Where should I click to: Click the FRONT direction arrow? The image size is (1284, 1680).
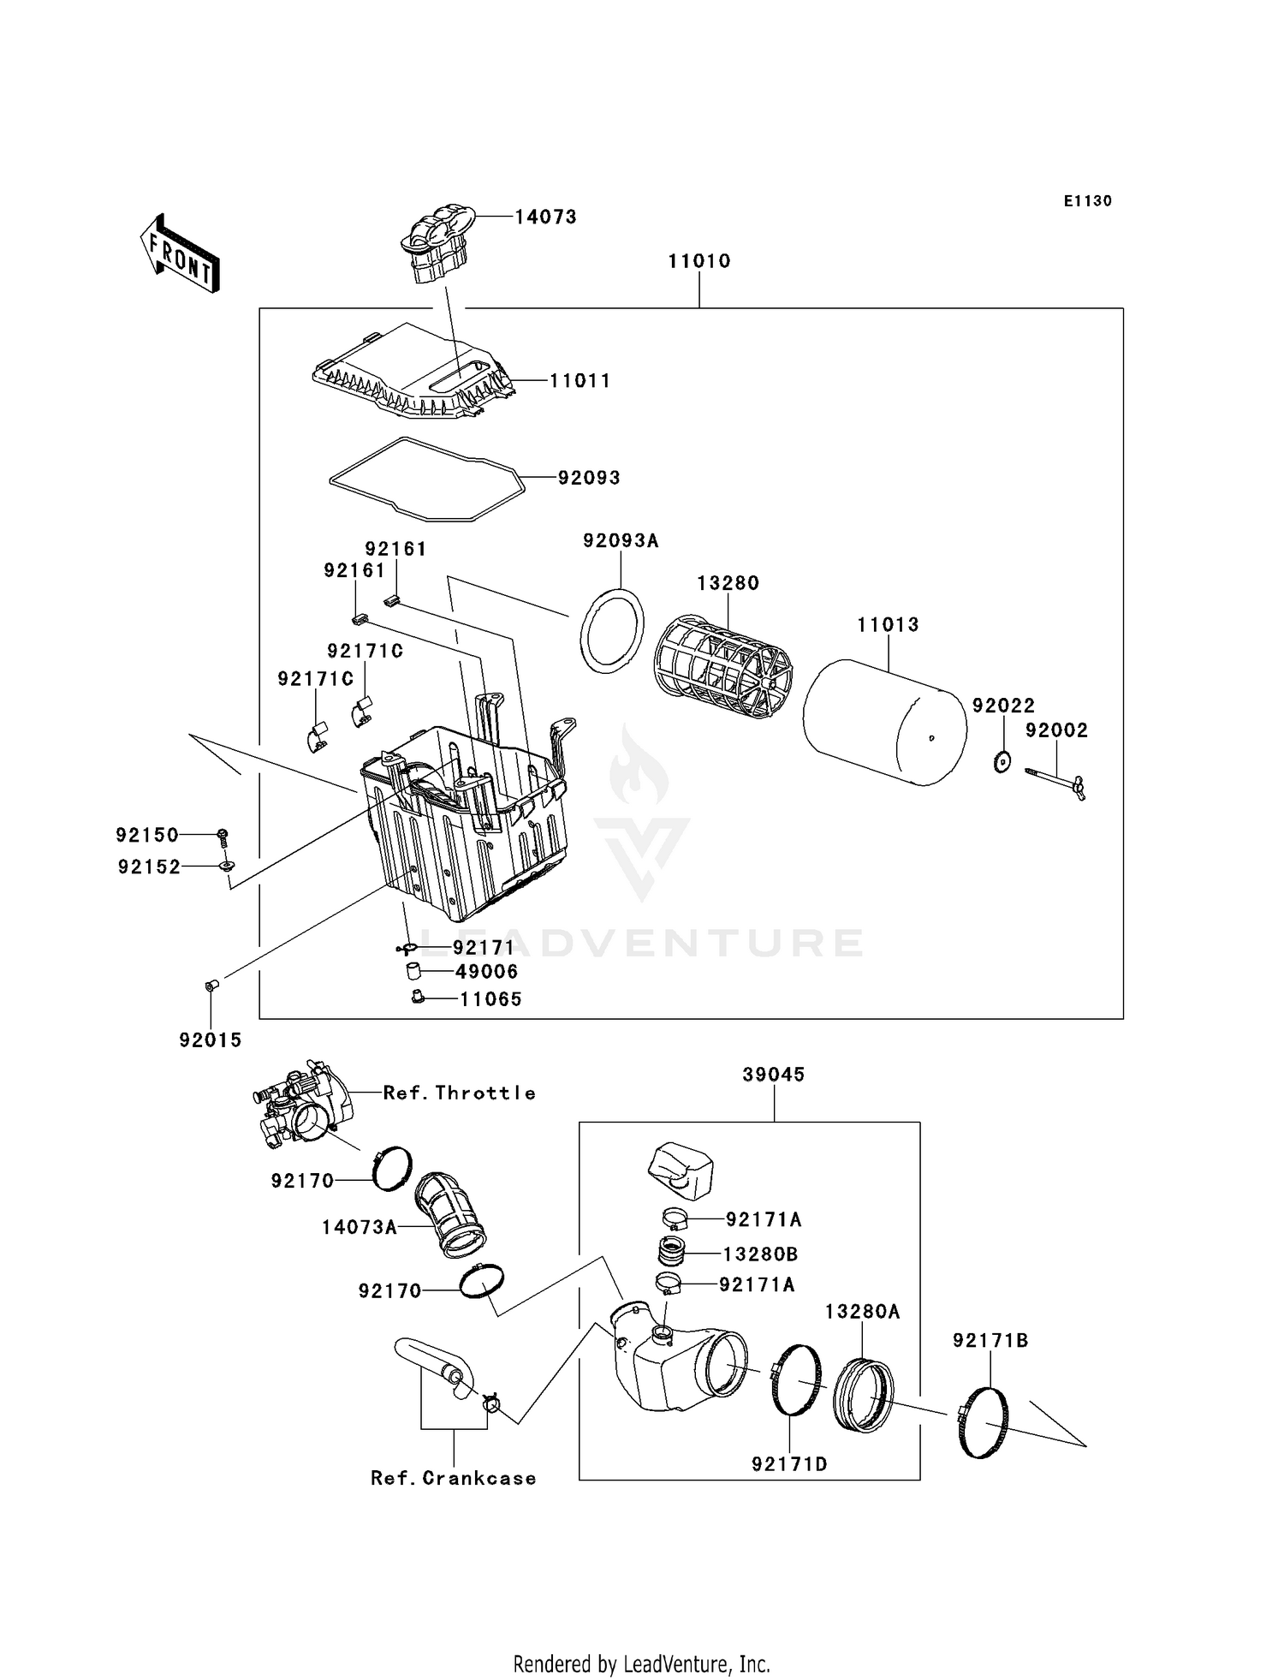(181, 253)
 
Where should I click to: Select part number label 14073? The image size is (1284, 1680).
(545, 217)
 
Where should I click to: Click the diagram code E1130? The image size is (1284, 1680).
(1087, 201)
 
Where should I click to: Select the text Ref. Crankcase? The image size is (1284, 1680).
(453, 1478)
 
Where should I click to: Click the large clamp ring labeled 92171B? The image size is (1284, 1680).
(982, 1421)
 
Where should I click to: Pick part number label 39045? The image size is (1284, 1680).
(774, 1075)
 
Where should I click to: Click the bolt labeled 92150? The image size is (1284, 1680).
(223, 835)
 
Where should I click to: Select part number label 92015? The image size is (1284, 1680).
(211, 1040)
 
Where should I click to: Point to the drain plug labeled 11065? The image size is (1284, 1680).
(419, 996)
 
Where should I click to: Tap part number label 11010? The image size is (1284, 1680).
(699, 261)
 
